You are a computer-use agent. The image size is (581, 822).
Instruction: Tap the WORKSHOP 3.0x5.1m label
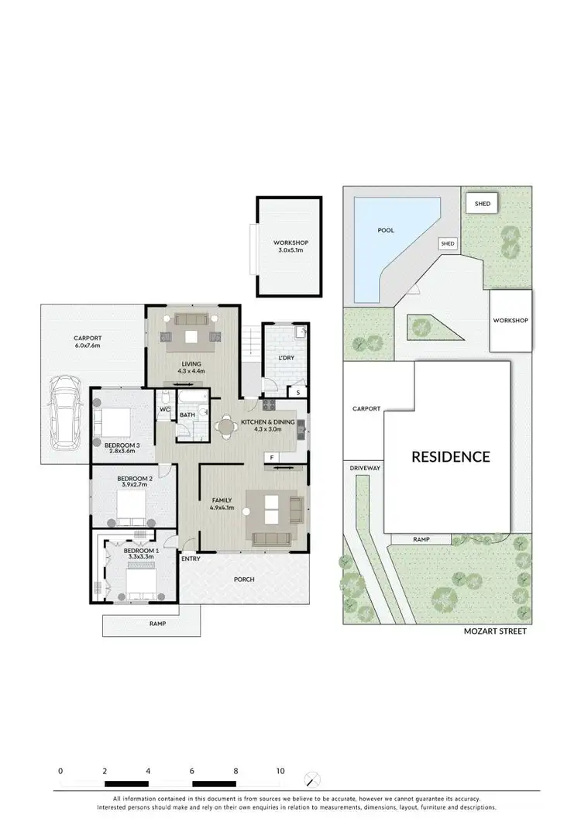[x=290, y=246]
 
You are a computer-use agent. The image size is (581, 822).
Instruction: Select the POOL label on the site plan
[x=385, y=230]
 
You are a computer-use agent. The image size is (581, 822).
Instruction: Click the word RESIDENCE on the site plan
[x=450, y=456]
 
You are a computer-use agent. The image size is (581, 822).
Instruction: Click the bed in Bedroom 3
[x=112, y=423]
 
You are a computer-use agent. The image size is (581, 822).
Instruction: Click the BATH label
[x=187, y=415]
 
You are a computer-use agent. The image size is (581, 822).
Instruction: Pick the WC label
[x=165, y=410]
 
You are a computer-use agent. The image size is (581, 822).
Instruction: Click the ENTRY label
[x=190, y=559]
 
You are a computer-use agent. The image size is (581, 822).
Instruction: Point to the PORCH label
[x=244, y=580]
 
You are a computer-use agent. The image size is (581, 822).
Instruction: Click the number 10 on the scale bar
[x=280, y=772]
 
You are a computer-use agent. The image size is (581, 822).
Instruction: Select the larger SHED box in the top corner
[x=482, y=203]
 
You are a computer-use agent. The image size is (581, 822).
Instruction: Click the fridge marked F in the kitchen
[x=272, y=458]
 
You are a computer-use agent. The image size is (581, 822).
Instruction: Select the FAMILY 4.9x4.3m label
[x=222, y=504]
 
